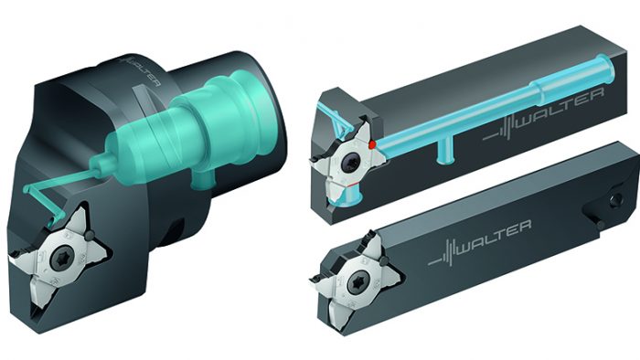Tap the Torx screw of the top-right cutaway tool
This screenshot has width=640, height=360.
pos(351,164)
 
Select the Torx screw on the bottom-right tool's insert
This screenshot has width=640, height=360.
pos(358,282)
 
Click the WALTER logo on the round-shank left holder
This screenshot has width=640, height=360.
pos(143,72)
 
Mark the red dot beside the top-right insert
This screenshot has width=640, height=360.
pos(372,144)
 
